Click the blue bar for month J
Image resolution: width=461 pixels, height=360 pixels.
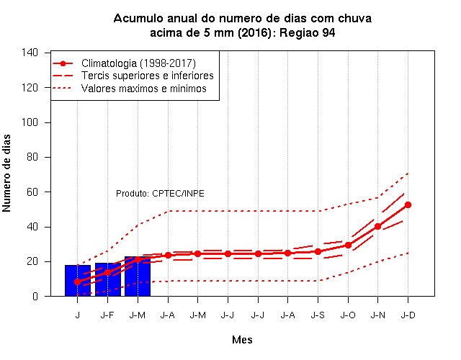click(x=78, y=280)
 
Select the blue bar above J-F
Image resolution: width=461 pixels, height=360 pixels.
click(x=108, y=279)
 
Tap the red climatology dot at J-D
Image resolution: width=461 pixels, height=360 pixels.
click(x=408, y=204)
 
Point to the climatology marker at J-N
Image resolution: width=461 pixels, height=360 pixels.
click(x=377, y=226)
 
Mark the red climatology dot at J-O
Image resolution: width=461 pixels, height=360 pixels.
click(x=348, y=245)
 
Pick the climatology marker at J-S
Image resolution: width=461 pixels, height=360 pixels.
click(x=318, y=251)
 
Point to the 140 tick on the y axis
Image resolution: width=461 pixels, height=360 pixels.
click(x=30, y=53)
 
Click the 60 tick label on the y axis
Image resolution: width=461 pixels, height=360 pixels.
click(x=32, y=192)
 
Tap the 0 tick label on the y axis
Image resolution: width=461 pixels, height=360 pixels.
click(x=35, y=296)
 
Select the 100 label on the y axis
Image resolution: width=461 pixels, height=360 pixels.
click(x=30, y=122)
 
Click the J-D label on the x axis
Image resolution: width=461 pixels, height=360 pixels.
click(x=408, y=315)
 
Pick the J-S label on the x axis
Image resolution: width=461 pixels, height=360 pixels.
click(x=318, y=315)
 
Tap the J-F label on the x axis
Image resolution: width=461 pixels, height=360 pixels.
click(x=107, y=315)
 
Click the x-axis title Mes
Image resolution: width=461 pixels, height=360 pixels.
click(x=242, y=340)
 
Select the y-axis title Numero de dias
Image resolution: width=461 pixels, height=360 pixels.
click(x=6, y=173)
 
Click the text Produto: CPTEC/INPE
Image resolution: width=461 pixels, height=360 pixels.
click(x=160, y=194)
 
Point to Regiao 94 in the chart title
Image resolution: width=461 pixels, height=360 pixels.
click(x=308, y=32)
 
